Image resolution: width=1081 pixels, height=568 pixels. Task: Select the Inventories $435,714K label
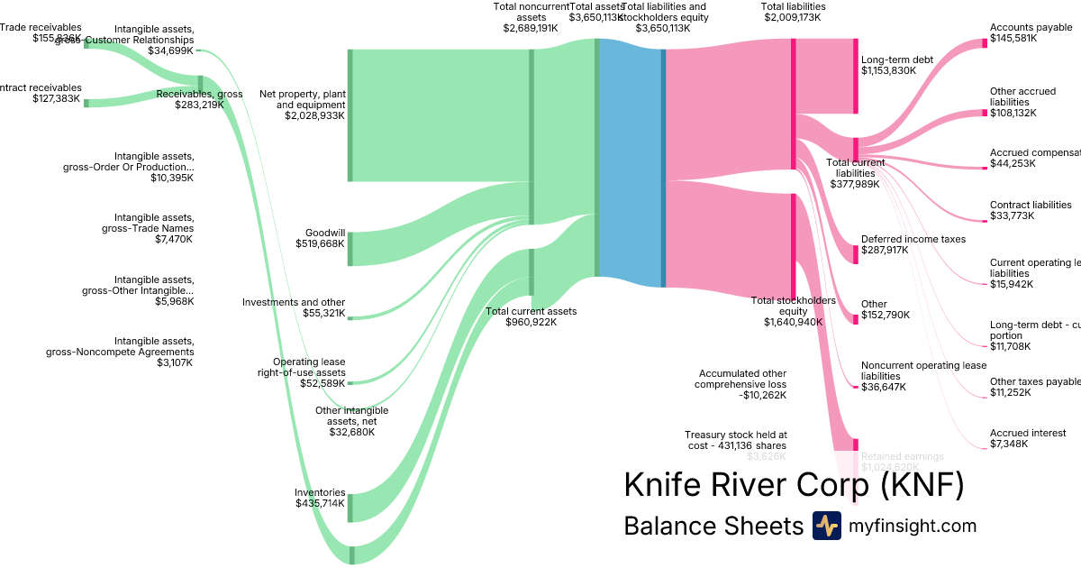point(320,498)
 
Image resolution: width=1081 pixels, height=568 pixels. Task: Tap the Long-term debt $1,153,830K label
point(897,65)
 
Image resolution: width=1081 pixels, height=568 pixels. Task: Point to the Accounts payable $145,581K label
point(1031,33)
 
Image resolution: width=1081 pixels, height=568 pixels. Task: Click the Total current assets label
point(531,316)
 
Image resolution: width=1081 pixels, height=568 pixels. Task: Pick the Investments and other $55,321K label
point(294,308)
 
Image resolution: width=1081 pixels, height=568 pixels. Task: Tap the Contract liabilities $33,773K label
point(1031,210)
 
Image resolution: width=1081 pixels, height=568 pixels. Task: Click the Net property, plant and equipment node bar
point(350,115)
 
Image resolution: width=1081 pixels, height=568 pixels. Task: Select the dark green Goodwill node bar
point(350,249)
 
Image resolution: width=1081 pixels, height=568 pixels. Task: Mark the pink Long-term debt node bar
point(855,76)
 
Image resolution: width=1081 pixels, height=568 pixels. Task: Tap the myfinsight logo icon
point(826,526)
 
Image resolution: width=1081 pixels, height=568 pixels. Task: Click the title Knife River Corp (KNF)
point(794,485)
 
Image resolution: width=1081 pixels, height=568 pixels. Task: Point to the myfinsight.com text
point(913,526)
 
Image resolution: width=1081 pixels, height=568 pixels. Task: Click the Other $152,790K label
point(886,310)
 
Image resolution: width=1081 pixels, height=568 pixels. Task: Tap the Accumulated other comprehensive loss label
point(740,384)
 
